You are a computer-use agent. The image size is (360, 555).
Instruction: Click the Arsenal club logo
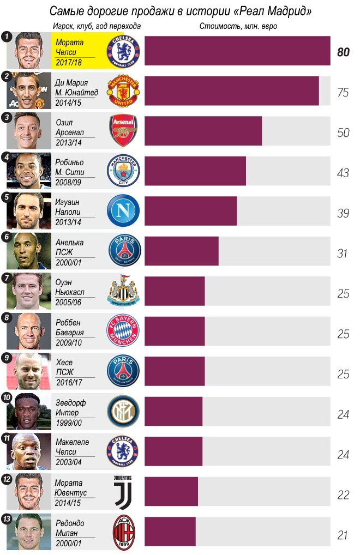pyautogui.click(x=123, y=130)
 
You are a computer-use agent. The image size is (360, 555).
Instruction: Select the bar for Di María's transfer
pyautogui.click(x=231, y=91)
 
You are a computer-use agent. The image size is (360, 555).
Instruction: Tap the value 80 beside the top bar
pyautogui.click(x=343, y=52)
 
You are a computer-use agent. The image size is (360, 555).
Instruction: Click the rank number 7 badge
pyautogui.click(x=7, y=277)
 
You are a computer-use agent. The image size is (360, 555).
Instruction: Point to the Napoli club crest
pyautogui.click(x=123, y=210)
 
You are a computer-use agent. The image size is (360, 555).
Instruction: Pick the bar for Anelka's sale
pyautogui.click(x=181, y=251)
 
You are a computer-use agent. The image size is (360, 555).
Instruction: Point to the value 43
pyautogui.click(x=343, y=173)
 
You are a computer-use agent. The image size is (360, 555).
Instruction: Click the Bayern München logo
pyautogui.click(x=123, y=331)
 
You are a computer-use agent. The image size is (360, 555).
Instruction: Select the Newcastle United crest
pyautogui.click(x=123, y=291)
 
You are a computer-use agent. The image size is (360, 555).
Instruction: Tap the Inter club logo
pyautogui.click(x=123, y=411)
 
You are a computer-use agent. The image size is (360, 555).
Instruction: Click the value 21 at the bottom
pyautogui.click(x=343, y=535)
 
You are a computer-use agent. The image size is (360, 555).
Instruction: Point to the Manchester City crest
pyautogui.click(x=123, y=171)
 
